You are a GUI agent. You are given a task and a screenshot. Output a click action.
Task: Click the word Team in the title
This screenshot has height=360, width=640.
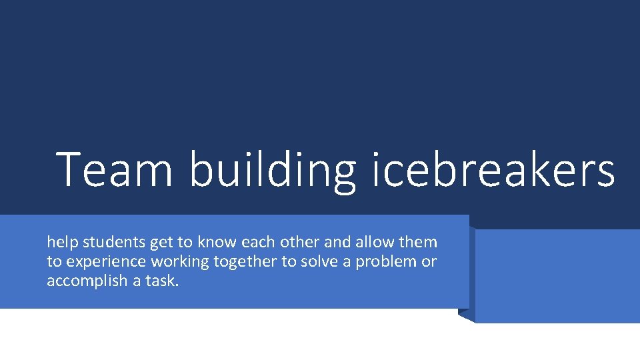tap(115, 169)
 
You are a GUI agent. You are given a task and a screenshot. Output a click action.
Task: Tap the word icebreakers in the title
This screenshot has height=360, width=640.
tap(493, 169)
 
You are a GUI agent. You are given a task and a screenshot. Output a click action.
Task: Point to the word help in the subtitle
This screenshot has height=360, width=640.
tap(61, 242)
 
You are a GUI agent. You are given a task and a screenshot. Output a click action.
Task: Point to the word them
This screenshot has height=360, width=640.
tap(418, 242)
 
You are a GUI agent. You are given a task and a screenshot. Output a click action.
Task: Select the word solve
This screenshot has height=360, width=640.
tap(319, 261)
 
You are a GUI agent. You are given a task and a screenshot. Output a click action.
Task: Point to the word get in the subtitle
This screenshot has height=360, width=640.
tap(160, 243)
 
